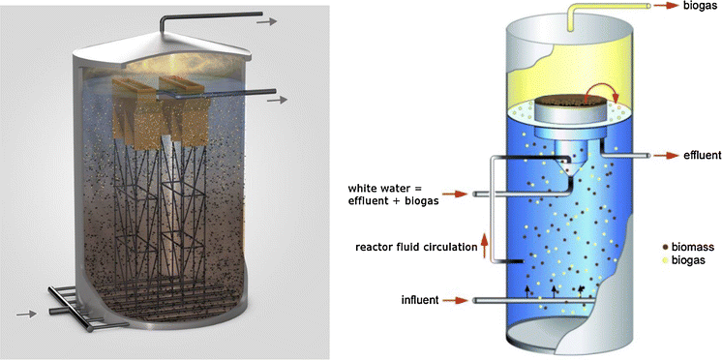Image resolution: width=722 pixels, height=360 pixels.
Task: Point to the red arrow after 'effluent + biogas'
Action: coord(459,195)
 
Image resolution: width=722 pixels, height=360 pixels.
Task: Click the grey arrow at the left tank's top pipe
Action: coord(274,19)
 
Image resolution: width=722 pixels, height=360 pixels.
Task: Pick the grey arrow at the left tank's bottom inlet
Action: coord(24,313)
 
